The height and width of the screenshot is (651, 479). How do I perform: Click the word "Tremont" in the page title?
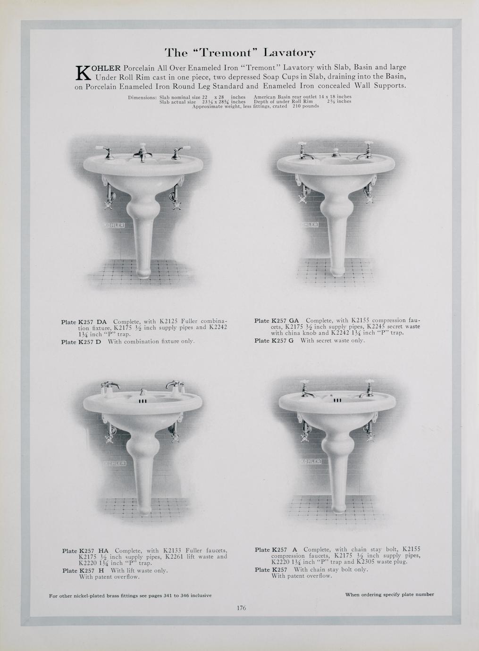coord(226,52)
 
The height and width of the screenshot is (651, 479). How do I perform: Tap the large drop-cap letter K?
coord(84,73)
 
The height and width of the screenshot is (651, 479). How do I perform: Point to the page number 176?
coord(241,608)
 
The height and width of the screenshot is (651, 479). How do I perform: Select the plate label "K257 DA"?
coord(92,322)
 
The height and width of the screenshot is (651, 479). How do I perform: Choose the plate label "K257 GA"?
coord(285,321)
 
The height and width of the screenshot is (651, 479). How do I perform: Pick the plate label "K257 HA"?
coord(94,551)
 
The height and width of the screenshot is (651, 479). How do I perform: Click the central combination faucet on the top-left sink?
coord(142,152)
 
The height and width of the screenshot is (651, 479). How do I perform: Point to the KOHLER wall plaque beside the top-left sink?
coord(114,225)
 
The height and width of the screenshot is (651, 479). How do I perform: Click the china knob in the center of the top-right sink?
coord(336,152)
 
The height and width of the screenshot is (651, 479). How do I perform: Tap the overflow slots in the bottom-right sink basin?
coord(337,401)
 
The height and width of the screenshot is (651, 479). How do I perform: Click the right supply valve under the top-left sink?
coord(175,197)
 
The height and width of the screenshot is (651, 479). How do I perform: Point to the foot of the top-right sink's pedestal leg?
coord(337,271)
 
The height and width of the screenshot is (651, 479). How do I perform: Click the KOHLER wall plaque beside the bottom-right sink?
coord(311,461)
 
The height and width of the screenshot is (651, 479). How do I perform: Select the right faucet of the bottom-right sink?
coord(367,389)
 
